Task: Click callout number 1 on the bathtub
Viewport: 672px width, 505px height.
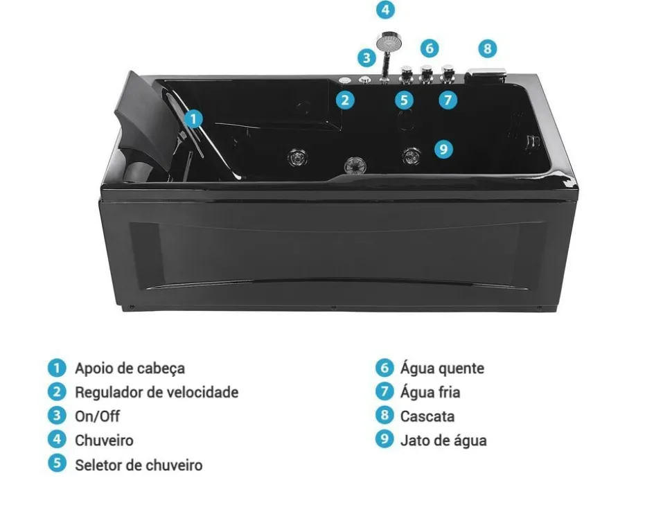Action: coord(195,118)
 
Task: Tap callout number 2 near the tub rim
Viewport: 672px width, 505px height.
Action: coord(345,100)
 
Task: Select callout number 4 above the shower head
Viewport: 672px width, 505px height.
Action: coord(385,10)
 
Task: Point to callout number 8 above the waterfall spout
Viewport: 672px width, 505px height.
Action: coord(488,48)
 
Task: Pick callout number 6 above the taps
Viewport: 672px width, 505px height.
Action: coord(430,48)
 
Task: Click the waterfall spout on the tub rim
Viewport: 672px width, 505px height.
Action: coord(488,73)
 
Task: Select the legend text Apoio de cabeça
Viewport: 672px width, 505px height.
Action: coord(130,369)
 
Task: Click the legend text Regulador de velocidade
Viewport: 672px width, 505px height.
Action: coord(156,393)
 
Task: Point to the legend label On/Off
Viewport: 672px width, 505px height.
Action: coord(97,416)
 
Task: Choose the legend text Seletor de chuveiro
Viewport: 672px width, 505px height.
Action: coord(139,465)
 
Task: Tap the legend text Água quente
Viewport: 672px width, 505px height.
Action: coord(442,369)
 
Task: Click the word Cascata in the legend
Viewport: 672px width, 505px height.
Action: coord(427,416)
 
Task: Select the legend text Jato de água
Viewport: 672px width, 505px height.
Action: coord(443,441)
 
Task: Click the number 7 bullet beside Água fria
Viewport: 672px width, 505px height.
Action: coord(384,391)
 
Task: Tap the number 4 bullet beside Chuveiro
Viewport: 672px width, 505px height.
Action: coord(57,439)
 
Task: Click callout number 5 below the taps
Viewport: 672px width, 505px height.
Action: coord(405,100)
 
